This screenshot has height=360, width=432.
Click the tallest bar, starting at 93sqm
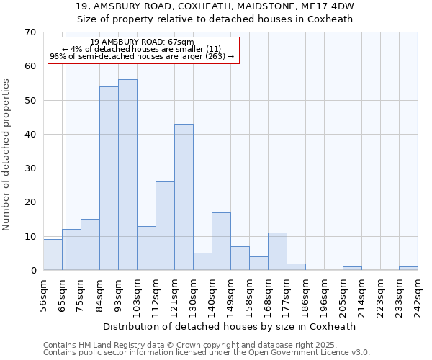point(127,175)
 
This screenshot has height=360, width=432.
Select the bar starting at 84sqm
point(109,179)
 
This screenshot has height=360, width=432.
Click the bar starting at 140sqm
point(221,241)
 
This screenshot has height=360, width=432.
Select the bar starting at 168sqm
point(277,251)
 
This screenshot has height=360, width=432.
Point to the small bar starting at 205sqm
point(352,269)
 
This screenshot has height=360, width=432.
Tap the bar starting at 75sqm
point(90,245)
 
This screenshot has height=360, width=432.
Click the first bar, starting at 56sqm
point(53,255)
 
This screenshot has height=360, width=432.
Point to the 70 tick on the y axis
point(30,32)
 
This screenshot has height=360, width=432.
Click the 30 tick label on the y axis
point(30,168)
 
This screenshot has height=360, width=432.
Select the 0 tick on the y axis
point(32,271)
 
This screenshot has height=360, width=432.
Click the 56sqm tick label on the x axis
point(43,295)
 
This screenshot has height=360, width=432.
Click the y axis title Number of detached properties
point(7,155)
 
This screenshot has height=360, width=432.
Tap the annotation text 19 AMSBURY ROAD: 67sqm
point(143,42)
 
